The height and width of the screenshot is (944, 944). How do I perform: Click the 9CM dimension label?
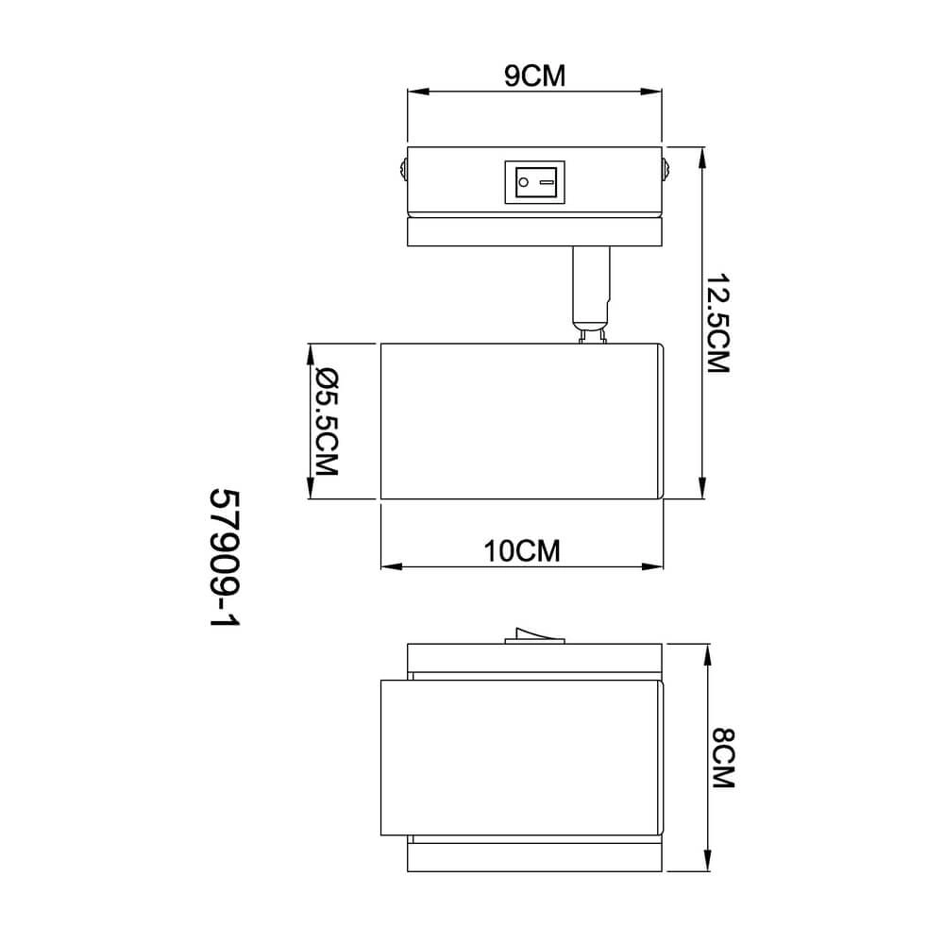pyautogui.click(x=534, y=76)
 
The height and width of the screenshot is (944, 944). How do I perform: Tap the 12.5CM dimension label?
pyautogui.click(x=717, y=324)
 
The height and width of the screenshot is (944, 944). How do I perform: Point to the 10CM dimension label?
pyautogui.click(x=522, y=551)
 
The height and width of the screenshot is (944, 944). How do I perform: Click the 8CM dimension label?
pyautogui.click(x=723, y=758)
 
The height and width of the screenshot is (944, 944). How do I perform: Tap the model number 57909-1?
pyautogui.click(x=224, y=558)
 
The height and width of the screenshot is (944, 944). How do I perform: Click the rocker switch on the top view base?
pyautogui.click(x=534, y=182)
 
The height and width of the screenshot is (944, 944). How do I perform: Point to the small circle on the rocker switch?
pyautogui.click(x=524, y=182)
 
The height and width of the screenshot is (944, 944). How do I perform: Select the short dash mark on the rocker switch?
pyautogui.click(x=547, y=182)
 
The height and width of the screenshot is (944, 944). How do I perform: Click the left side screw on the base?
pyautogui.click(x=403, y=169)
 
